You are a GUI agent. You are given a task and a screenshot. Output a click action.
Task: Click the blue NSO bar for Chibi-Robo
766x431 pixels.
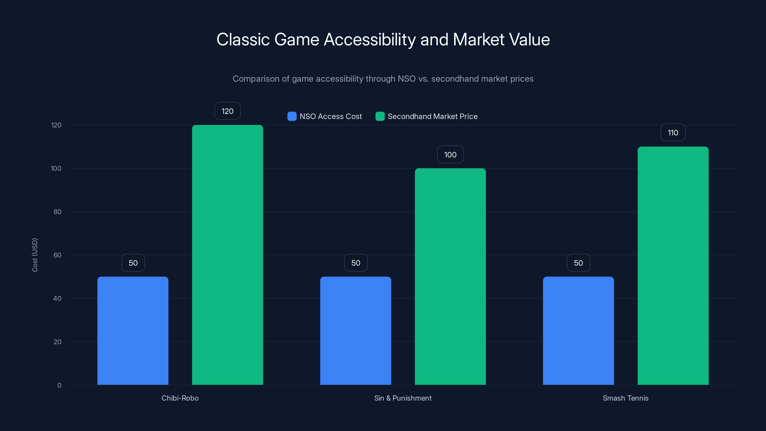point(133,330)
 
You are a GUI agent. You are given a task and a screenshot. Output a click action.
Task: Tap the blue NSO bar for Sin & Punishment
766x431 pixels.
point(356,330)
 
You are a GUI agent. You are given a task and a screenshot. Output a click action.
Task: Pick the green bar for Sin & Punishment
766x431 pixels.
point(450,276)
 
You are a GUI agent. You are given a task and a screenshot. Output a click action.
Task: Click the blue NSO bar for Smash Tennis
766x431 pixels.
point(578,330)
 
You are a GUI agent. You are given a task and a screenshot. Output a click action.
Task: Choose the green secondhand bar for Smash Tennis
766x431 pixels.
point(673,266)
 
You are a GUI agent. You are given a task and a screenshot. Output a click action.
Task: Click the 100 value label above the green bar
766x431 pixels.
point(450,155)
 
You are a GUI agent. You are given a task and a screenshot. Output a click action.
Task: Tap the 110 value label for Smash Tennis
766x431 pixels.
point(673,133)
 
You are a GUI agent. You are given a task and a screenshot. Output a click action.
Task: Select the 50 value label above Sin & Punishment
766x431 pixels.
point(356,263)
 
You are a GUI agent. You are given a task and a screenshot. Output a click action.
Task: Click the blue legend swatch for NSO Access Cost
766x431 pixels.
point(292,116)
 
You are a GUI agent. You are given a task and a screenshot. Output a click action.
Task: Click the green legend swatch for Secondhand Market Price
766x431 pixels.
point(380,116)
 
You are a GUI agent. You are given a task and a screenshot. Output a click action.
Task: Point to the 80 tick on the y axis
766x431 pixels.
point(57,212)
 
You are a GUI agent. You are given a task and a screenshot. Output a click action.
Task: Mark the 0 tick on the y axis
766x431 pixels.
point(59,385)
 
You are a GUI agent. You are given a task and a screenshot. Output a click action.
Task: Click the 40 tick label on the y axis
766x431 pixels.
point(57,299)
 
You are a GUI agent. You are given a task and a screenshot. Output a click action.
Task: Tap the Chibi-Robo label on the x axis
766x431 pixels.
point(180,398)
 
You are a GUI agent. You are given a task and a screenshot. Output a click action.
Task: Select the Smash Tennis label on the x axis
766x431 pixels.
point(625,398)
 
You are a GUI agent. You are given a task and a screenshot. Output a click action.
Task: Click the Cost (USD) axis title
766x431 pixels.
point(35,255)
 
